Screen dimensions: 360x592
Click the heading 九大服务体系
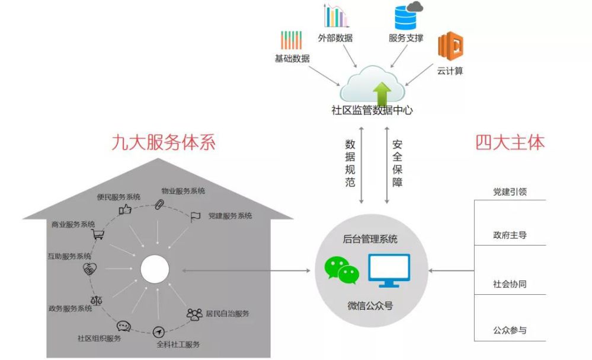point(163,142)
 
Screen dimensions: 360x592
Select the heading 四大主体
point(510,142)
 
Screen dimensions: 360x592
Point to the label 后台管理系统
point(370,240)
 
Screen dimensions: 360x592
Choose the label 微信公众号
point(370,306)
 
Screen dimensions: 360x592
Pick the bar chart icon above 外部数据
point(335,17)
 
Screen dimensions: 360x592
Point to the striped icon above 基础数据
point(292,40)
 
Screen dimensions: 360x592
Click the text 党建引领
point(510,192)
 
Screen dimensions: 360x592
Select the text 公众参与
point(510,330)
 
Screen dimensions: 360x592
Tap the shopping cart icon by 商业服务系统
point(98,234)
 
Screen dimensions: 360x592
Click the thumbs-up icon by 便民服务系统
point(125,209)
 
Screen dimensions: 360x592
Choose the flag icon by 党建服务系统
point(195,217)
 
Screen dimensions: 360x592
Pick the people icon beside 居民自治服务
point(194,314)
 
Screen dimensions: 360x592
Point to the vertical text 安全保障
point(397,164)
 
